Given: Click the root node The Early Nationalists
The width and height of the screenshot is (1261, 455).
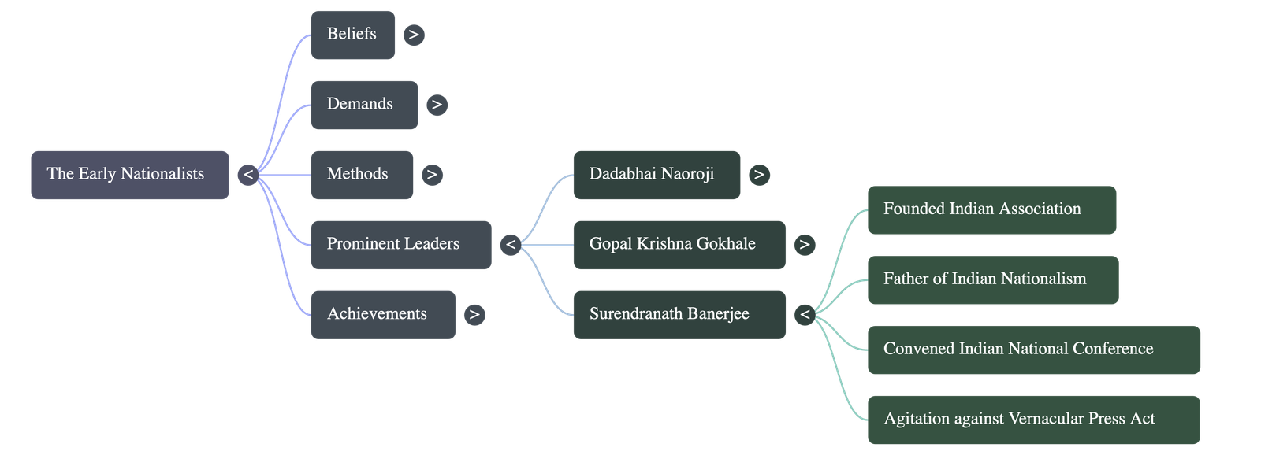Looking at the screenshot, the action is [130, 175].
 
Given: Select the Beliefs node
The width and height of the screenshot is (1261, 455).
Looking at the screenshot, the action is [353, 35].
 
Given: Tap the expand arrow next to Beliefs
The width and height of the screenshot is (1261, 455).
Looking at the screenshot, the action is [414, 35].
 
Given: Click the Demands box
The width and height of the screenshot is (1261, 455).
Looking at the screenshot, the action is [364, 105].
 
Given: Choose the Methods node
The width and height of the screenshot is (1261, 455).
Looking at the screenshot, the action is [362, 175].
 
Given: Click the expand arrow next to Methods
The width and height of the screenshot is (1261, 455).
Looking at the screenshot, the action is [432, 175].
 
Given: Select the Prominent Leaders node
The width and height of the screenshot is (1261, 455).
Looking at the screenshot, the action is [401, 245].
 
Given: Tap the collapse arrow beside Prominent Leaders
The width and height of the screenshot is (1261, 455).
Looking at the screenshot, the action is [511, 245].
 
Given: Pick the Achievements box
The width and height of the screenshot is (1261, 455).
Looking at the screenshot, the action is [383, 315].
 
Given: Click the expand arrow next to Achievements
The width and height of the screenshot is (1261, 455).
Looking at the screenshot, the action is [474, 315].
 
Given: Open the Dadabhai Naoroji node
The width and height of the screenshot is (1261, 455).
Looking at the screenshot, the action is [657, 175].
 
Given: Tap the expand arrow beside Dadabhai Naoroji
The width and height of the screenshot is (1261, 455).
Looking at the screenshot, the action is [760, 175].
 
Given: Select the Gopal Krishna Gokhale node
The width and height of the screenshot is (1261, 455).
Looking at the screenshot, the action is [679, 245].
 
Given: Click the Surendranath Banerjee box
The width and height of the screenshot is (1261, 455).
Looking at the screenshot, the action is [679, 315].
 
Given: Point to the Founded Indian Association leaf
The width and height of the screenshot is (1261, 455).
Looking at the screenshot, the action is [992, 209].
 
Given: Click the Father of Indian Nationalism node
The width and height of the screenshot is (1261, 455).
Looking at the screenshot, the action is [993, 280].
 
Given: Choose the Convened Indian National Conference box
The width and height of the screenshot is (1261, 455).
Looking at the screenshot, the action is [1034, 350].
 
